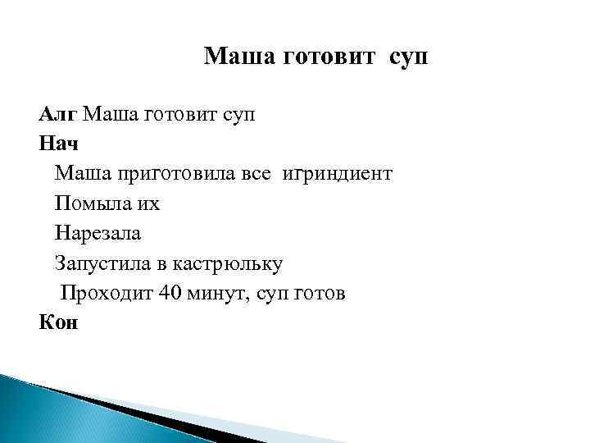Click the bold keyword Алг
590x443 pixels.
[58, 114]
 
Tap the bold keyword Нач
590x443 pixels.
[58, 144]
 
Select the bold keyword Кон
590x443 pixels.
[58, 322]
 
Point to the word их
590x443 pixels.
[147, 203]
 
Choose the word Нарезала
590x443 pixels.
[98, 233]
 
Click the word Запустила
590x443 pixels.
[100, 263]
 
